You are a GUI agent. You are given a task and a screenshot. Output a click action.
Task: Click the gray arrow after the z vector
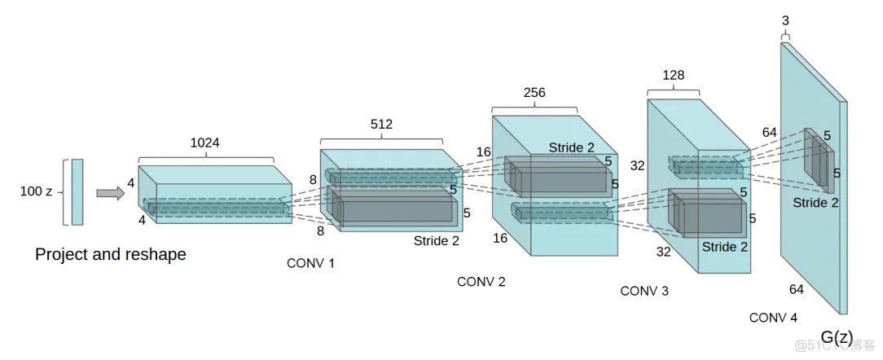pyautogui.click(x=111, y=193)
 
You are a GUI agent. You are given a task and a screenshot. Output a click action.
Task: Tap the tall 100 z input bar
pyautogui.click(x=77, y=192)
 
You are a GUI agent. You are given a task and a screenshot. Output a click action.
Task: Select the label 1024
pyautogui.click(x=205, y=143)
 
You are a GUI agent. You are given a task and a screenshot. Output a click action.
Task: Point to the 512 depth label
pyautogui.click(x=381, y=125)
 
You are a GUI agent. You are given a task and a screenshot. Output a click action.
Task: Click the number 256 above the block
pyautogui.click(x=534, y=92)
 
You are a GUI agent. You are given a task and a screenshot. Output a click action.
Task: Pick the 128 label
pyautogui.click(x=674, y=75)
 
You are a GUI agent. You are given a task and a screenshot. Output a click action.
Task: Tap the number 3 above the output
pyautogui.click(x=785, y=21)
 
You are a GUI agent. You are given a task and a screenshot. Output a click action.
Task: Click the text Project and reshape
pyautogui.click(x=111, y=255)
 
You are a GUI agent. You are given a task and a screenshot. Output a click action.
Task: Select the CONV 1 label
pyautogui.click(x=310, y=263)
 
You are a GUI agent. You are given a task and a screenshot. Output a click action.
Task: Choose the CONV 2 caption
pyautogui.click(x=481, y=282)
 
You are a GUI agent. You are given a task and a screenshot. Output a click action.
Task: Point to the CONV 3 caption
pyautogui.click(x=644, y=292)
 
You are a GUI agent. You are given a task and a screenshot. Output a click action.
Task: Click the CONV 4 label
pyautogui.click(x=773, y=318)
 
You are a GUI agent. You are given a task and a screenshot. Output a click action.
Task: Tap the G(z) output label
pyautogui.click(x=837, y=336)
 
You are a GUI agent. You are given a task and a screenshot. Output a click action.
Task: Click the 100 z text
pyautogui.click(x=36, y=191)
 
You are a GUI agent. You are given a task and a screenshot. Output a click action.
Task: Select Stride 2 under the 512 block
pyautogui.click(x=437, y=241)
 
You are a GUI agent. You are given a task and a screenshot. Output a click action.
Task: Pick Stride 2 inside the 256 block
pyautogui.click(x=572, y=147)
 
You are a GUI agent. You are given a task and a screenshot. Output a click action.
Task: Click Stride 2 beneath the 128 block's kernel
pyautogui.click(x=725, y=248)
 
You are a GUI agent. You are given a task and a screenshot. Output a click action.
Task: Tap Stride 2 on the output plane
pyautogui.click(x=815, y=203)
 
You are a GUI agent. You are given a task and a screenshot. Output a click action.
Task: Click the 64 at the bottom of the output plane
pyautogui.click(x=797, y=290)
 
